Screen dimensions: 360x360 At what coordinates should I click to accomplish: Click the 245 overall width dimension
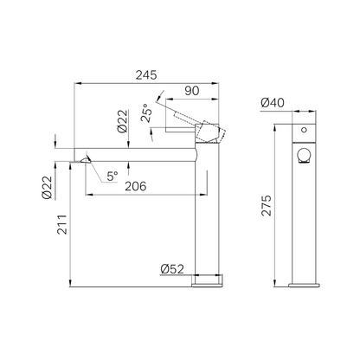coord(146,75)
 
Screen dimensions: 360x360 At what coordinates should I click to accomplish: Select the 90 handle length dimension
coord(192,91)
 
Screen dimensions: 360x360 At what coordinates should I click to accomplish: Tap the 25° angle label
coord(147,113)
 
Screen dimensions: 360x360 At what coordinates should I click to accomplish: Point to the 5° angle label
coord(112,177)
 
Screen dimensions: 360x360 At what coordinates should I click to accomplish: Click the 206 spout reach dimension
coord(136,186)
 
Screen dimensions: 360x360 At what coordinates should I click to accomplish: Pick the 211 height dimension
coord(62,224)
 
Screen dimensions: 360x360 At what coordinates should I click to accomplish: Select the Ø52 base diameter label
coord(172,269)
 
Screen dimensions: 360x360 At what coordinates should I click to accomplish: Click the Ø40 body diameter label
coord(273,102)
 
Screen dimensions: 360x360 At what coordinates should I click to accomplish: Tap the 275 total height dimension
coord(267,205)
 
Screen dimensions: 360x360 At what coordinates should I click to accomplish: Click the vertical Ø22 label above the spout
coord(122,121)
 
